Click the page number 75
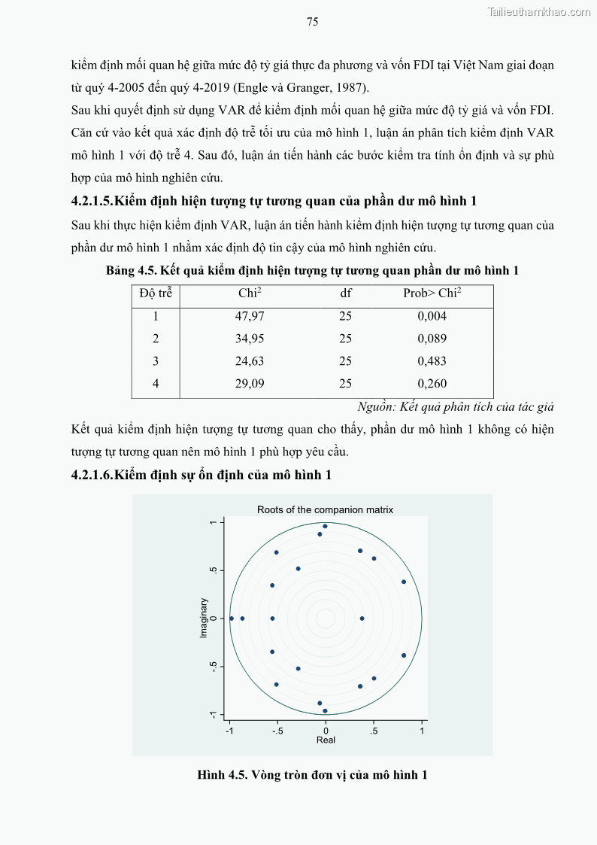[313, 22]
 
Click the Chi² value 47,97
[250, 316]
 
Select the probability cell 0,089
[432, 339]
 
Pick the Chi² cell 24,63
[250, 361]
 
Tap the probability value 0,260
[432, 384]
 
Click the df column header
[346, 293]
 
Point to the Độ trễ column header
[156, 293]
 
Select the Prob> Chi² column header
[432, 293]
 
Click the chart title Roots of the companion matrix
[325, 509]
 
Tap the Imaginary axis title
[204, 618]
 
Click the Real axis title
[326, 740]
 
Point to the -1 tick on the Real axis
[230, 730]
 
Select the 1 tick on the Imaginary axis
[214, 522]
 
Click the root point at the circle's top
[325, 526]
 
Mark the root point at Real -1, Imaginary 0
[231, 619]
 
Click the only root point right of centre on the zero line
[362, 619]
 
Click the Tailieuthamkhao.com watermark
[539, 11]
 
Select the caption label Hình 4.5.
[223, 774]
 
